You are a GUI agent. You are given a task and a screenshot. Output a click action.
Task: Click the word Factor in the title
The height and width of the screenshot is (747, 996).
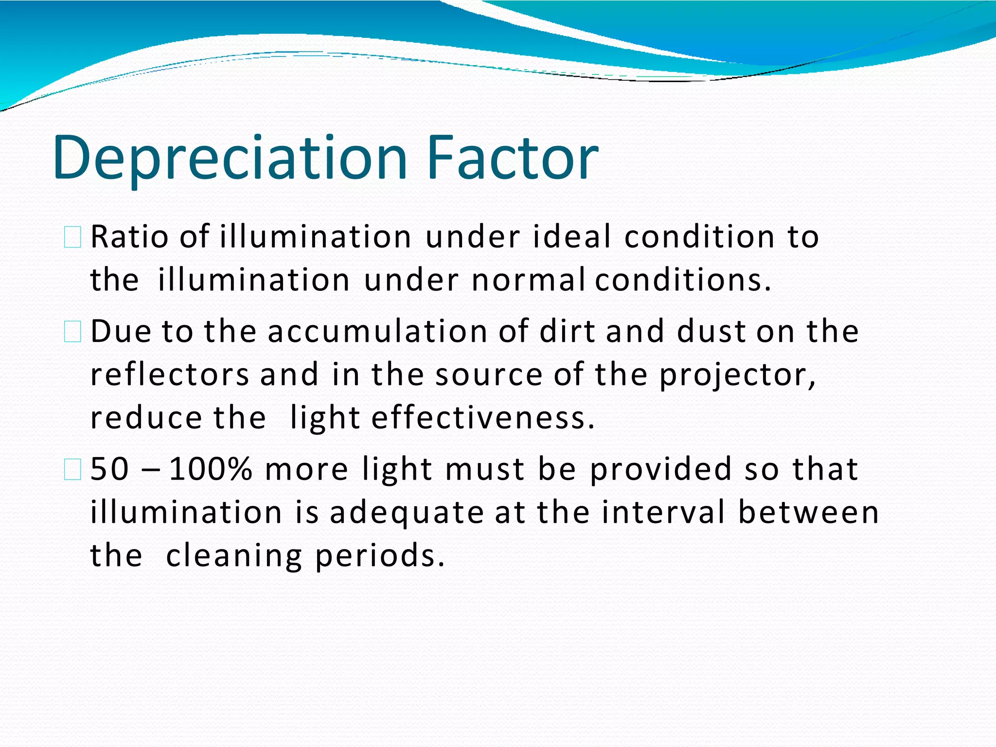(513, 158)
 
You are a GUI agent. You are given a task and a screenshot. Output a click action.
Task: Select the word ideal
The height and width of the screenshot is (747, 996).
(572, 237)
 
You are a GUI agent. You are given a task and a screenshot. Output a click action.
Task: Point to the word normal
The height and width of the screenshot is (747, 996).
(528, 280)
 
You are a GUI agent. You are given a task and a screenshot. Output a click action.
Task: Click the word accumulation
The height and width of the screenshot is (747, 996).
(377, 331)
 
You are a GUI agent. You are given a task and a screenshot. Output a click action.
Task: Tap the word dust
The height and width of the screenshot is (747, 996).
(711, 331)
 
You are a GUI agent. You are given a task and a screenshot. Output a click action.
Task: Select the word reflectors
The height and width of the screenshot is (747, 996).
(170, 374)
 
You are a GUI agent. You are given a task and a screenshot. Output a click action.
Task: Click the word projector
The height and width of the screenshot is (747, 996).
(737, 375)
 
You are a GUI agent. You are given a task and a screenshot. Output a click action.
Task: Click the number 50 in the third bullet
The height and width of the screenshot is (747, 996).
(110, 469)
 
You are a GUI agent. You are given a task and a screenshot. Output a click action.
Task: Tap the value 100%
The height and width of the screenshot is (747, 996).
(211, 469)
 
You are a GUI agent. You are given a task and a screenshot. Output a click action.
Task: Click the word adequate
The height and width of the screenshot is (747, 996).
(407, 513)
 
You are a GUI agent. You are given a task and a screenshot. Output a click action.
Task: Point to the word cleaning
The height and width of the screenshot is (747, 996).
(234, 556)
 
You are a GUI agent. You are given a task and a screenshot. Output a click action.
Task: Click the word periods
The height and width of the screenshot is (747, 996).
(380, 556)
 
